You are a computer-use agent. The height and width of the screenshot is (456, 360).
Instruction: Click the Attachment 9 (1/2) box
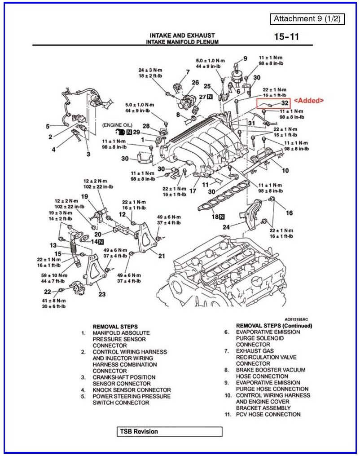pyautogui.click(x=307, y=19)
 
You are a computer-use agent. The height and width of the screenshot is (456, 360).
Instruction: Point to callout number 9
pyautogui.click(x=246, y=58)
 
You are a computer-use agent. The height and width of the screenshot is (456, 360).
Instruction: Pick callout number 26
pyautogui.click(x=195, y=83)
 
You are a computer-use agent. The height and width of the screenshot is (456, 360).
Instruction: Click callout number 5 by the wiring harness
pyautogui.click(x=48, y=126)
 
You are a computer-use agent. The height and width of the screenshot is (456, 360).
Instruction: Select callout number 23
pyautogui.click(x=102, y=294)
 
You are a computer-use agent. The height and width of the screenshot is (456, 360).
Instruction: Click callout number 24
pyautogui.click(x=226, y=227)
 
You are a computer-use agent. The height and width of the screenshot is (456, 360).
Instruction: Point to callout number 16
pyautogui.click(x=290, y=213)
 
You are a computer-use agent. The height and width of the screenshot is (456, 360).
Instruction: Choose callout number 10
pyautogui.click(x=285, y=171)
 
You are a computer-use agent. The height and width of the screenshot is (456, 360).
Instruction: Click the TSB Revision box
pyautogui.click(x=170, y=432)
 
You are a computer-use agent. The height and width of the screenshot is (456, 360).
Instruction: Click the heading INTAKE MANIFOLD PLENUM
pyautogui.click(x=182, y=42)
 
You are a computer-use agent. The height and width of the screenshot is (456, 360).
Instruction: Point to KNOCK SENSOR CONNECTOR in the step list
pyautogui.click(x=132, y=390)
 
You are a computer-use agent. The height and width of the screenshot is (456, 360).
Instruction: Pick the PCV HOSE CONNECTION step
pyautogui.click(x=268, y=414)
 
